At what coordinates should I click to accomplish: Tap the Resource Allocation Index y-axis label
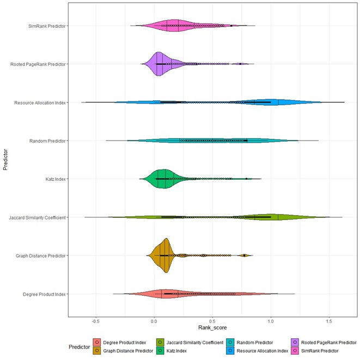39,102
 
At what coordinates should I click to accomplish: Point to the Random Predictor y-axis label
47,141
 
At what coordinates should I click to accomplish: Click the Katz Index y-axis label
54,179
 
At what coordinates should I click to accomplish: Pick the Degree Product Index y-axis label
44,294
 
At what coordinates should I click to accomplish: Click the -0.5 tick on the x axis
96,321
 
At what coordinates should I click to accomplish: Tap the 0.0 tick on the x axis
154,321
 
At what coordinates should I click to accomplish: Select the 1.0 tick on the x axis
271,321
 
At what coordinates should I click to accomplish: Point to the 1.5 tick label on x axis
329,321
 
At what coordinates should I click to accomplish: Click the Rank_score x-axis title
212,330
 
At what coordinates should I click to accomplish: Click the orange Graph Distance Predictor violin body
164,255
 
